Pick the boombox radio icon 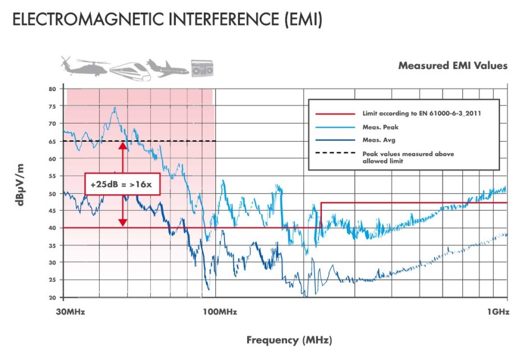(x=202, y=68)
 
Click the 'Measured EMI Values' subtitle (x=452, y=66)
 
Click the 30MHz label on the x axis (x=72, y=312)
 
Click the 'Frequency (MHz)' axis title (x=288, y=341)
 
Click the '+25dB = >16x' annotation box (x=122, y=184)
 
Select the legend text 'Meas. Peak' (x=379, y=127)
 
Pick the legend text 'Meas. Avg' (x=378, y=140)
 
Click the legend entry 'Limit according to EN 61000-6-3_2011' (x=422, y=113)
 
